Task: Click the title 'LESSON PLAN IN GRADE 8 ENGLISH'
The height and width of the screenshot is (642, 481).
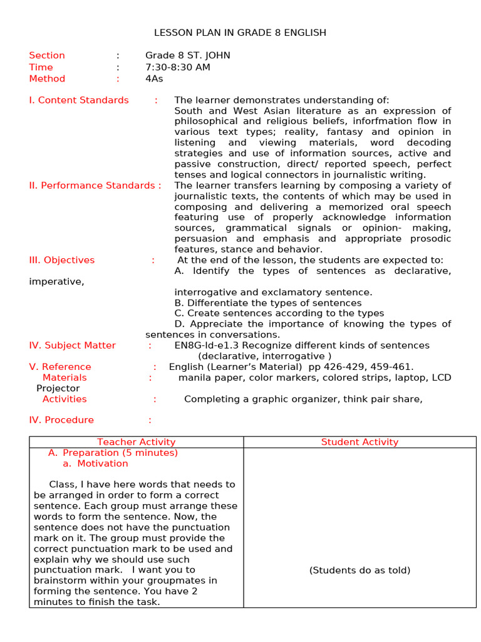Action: (x=240, y=33)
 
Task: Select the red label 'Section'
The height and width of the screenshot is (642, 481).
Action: (x=47, y=55)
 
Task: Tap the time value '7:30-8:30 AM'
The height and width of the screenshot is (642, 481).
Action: (x=178, y=67)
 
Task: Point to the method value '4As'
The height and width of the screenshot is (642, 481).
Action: (x=154, y=78)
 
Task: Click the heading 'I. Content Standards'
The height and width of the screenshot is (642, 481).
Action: (x=79, y=100)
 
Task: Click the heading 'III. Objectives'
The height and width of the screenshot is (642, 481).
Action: (x=62, y=260)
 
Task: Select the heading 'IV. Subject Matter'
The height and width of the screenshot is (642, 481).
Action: (x=73, y=345)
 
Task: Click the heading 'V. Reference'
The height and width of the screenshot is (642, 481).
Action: (x=60, y=367)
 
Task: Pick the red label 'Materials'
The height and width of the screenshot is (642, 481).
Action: (x=65, y=377)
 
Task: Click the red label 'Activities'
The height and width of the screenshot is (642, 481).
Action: (x=65, y=399)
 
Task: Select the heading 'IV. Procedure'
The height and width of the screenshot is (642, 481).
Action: (x=61, y=420)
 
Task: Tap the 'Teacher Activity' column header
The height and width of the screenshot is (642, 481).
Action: (x=137, y=442)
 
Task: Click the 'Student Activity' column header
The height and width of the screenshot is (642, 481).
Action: (x=359, y=442)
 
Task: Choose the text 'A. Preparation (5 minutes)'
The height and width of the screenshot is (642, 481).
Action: (x=113, y=453)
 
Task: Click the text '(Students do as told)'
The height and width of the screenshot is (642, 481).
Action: (x=359, y=570)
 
